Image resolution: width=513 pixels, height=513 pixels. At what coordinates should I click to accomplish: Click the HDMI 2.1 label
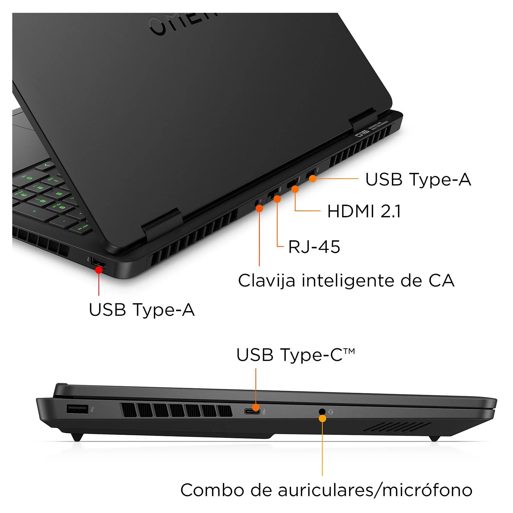pos(364,211)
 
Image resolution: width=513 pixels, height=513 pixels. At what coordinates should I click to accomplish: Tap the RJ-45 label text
pos(314,247)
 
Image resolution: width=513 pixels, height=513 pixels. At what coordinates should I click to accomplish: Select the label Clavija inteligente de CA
pos(346,281)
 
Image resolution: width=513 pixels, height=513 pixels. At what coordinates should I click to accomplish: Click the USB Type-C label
pos(295,355)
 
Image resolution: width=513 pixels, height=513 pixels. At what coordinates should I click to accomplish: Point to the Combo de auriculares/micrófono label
pos(326,490)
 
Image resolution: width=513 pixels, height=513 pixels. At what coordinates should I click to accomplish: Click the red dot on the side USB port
pos(99,270)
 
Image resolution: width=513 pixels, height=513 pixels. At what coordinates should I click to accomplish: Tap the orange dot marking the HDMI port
pos(295,189)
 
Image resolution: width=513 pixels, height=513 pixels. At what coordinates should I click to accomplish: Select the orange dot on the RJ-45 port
pos(277,199)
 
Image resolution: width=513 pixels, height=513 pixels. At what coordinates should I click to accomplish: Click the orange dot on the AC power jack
pos(259,208)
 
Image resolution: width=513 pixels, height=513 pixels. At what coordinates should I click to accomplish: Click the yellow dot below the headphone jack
pos(322,418)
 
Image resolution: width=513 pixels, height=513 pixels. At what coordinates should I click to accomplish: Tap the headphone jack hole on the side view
pos(322,412)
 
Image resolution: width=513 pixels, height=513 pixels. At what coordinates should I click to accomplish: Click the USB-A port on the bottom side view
pos(77,409)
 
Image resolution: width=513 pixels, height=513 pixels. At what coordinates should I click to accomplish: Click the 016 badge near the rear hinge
pos(362,133)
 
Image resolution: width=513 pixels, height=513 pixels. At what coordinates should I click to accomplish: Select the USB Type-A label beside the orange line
pos(418,180)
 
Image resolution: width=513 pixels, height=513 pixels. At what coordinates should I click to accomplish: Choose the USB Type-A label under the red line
pos(142,310)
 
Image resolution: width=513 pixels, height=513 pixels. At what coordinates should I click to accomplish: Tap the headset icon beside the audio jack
pos(331,412)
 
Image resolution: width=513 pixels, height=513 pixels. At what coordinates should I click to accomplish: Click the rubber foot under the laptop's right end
pos(435,438)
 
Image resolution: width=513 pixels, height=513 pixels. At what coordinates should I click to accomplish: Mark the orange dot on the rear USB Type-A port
pos(313,179)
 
